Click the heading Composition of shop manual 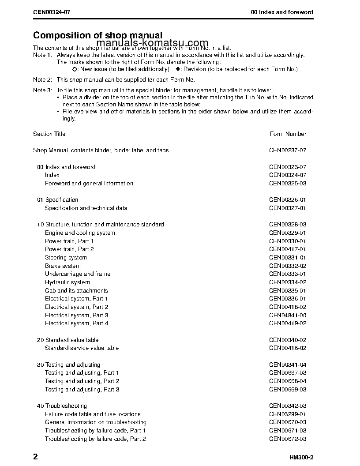pos(98,35)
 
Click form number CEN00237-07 pos(288,150)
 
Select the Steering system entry pos(66,258)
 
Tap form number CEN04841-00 pos(288,316)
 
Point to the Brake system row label pos(63,266)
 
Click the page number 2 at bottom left pos(35,456)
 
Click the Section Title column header pos(49,134)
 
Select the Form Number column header pos(288,134)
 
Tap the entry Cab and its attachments pos(76,291)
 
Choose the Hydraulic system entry pos(67,282)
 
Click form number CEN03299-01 pos(288,414)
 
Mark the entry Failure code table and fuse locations pos(93,414)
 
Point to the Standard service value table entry pos(82,348)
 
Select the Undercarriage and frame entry pos(78,274)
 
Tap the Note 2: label pos(43,80)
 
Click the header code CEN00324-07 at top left pos(52,12)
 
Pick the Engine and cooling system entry pos(80,233)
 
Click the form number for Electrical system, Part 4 pos(288,323)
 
